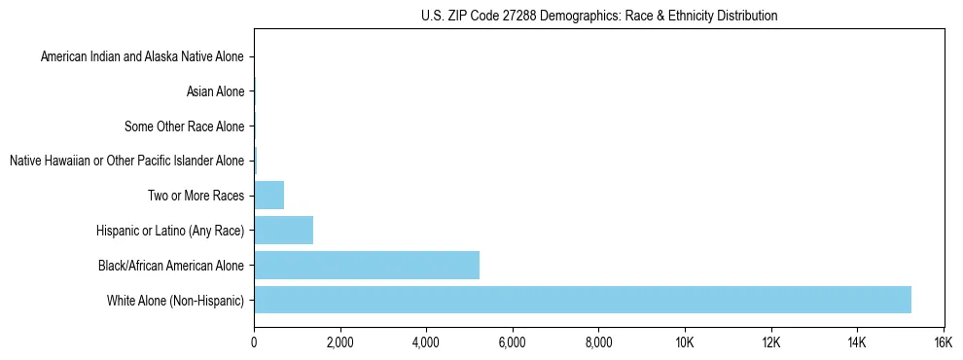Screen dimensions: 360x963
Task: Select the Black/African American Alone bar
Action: coord(366,265)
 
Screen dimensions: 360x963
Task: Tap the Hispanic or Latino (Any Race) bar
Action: coord(283,230)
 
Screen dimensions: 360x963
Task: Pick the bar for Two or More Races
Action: coord(268,195)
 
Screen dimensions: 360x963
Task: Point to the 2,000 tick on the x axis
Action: coord(339,342)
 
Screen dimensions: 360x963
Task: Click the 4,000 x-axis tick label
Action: coord(426,342)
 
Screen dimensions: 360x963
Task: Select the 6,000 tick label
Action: coord(512,342)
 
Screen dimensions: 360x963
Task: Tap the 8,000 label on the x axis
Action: coord(598,342)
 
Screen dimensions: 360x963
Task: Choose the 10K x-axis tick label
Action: coord(684,342)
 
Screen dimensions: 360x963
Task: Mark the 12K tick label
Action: coord(770,342)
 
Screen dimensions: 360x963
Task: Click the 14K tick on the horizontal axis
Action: coord(856,342)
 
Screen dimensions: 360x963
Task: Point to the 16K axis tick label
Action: coord(943,342)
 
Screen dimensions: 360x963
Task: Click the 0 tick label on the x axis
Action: coord(254,342)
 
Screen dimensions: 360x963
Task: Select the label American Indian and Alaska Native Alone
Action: coord(142,57)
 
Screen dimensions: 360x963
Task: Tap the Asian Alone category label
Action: coord(215,92)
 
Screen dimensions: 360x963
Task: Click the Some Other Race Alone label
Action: coord(184,126)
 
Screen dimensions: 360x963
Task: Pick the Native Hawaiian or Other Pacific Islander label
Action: coord(126,161)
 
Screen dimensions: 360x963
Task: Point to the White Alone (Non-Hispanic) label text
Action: coord(175,300)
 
